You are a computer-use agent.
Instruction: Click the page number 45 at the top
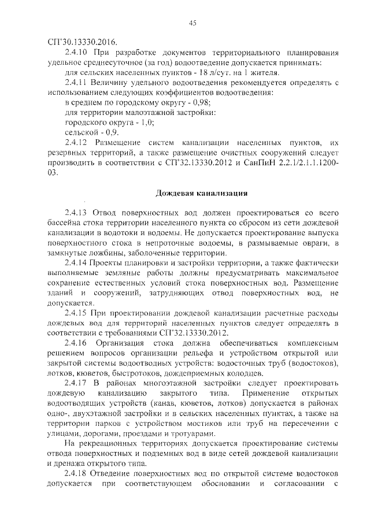[193, 23]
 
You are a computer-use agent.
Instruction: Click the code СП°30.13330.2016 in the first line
[82, 42]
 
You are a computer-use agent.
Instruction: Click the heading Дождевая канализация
[202, 192]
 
